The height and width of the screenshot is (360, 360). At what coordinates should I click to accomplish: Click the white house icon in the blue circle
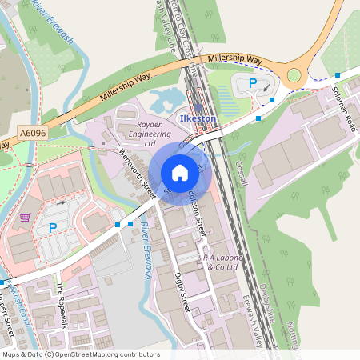click(x=180, y=173)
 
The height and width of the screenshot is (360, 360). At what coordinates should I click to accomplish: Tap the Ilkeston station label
click(x=199, y=118)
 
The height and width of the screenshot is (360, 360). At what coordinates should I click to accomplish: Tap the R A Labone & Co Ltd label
click(x=221, y=262)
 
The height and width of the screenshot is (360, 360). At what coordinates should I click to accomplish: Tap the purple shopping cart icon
click(x=25, y=217)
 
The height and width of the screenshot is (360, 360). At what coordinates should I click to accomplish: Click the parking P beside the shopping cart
click(x=53, y=228)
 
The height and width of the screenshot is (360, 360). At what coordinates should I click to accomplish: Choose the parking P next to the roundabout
click(x=253, y=82)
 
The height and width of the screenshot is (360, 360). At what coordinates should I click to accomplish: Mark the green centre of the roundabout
click(x=294, y=76)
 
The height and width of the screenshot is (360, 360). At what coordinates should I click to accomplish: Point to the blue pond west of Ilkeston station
click(x=166, y=100)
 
